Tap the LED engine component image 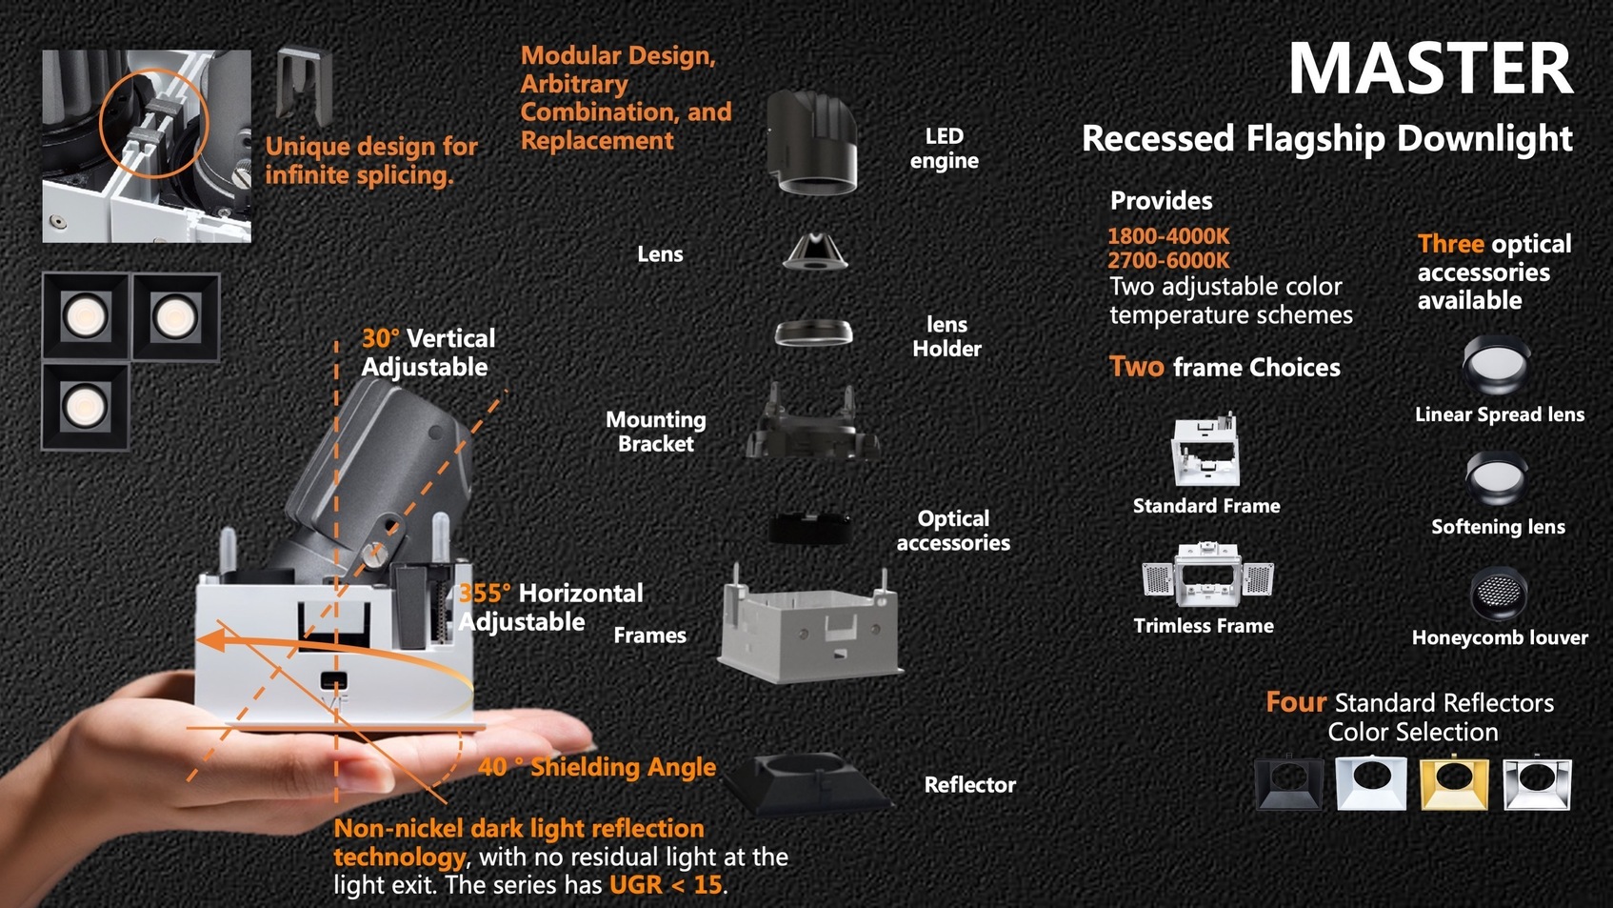pyautogui.click(x=812, y=143)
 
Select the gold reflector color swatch pyautogui.click(x=1454, y=783)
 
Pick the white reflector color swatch pyautogui.click(x=1371, y=783)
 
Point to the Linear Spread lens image pyautogui.click(x=1496, y=364)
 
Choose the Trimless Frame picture pyautogui.click(x=1207, y=575)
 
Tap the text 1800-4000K pyautogui.click(x=1168, y=236)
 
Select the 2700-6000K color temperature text pyautogui.click(x=1168, y=260)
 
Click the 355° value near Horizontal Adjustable pyautogui.click(x=484, y=593)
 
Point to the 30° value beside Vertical pyautogui.click(x=380, y=338)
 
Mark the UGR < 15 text pyautogui.click(x=666, y=885)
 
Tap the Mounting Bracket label pyautogui.click(x=655, y=431)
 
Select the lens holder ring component pyautogui.click(x=814, y=333)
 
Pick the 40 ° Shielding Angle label pyautogui.click(x=597, y=767)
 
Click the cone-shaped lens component pyautogui.click(x=815, y=251)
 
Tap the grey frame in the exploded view pyautogui.click(x=811, y=626)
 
